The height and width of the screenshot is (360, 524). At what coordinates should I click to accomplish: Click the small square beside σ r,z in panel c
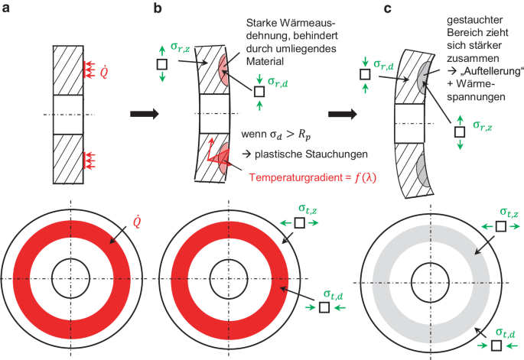(x=460, y=131)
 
